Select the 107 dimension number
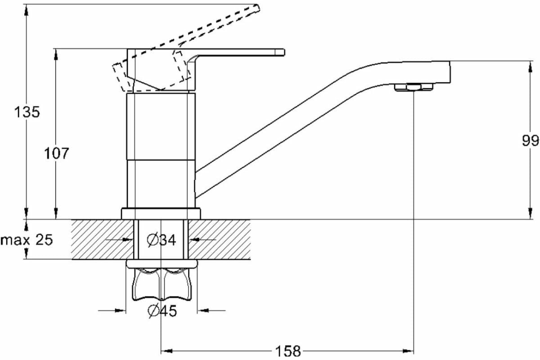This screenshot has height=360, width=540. [x=57, y=153]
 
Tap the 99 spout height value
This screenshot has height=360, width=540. [x=530, y=141]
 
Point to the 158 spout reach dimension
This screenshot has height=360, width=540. [x=287, y=350]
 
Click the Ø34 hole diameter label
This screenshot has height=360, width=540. [x=161, y=240]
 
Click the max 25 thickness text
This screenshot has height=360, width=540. [x=27, y=240]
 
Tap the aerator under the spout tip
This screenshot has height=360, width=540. [x=413, y=87]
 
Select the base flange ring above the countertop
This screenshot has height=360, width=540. [x=161, y=213]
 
